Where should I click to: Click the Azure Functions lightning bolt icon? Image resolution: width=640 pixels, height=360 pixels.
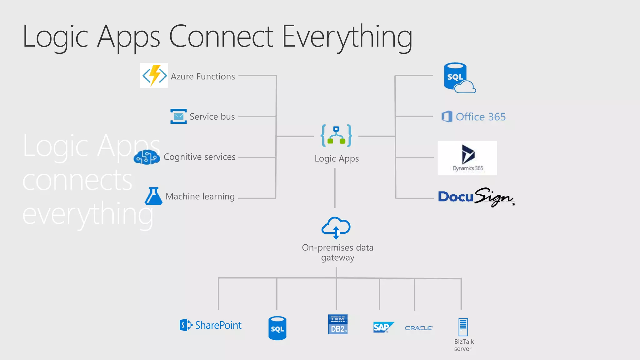(154, 76)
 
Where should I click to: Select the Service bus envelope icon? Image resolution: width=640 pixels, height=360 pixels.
(178, 116)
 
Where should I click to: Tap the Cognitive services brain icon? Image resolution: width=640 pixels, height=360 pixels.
(147, 157)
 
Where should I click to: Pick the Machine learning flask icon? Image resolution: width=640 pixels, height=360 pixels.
(153, 196)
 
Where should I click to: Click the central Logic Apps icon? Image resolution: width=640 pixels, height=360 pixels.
(336, 136)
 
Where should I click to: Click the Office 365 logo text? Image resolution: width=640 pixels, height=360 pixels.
(481, 117)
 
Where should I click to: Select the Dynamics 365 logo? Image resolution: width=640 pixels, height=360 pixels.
(467, 158)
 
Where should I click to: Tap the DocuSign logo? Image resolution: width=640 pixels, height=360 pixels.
(476, 197)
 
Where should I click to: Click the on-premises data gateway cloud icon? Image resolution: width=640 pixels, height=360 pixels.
(336, 227)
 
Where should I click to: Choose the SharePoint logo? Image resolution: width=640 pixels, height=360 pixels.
(211, 325)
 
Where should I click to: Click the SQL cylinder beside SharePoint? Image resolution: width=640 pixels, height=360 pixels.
(277, 328)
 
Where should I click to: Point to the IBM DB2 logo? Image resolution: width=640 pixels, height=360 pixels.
(338, 325)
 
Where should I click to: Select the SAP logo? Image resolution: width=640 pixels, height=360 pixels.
(383, 327)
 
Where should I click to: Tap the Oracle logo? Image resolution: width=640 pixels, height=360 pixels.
(419, 328)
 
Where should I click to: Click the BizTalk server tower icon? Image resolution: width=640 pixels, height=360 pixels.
(463, 327)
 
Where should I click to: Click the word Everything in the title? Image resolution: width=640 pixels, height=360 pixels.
(347, 37)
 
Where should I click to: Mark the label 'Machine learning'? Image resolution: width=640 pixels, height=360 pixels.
(200, 197)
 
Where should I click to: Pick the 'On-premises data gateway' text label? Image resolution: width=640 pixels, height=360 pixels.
(337, 252)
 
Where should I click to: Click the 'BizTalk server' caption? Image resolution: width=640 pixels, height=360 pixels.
(464, 345)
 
